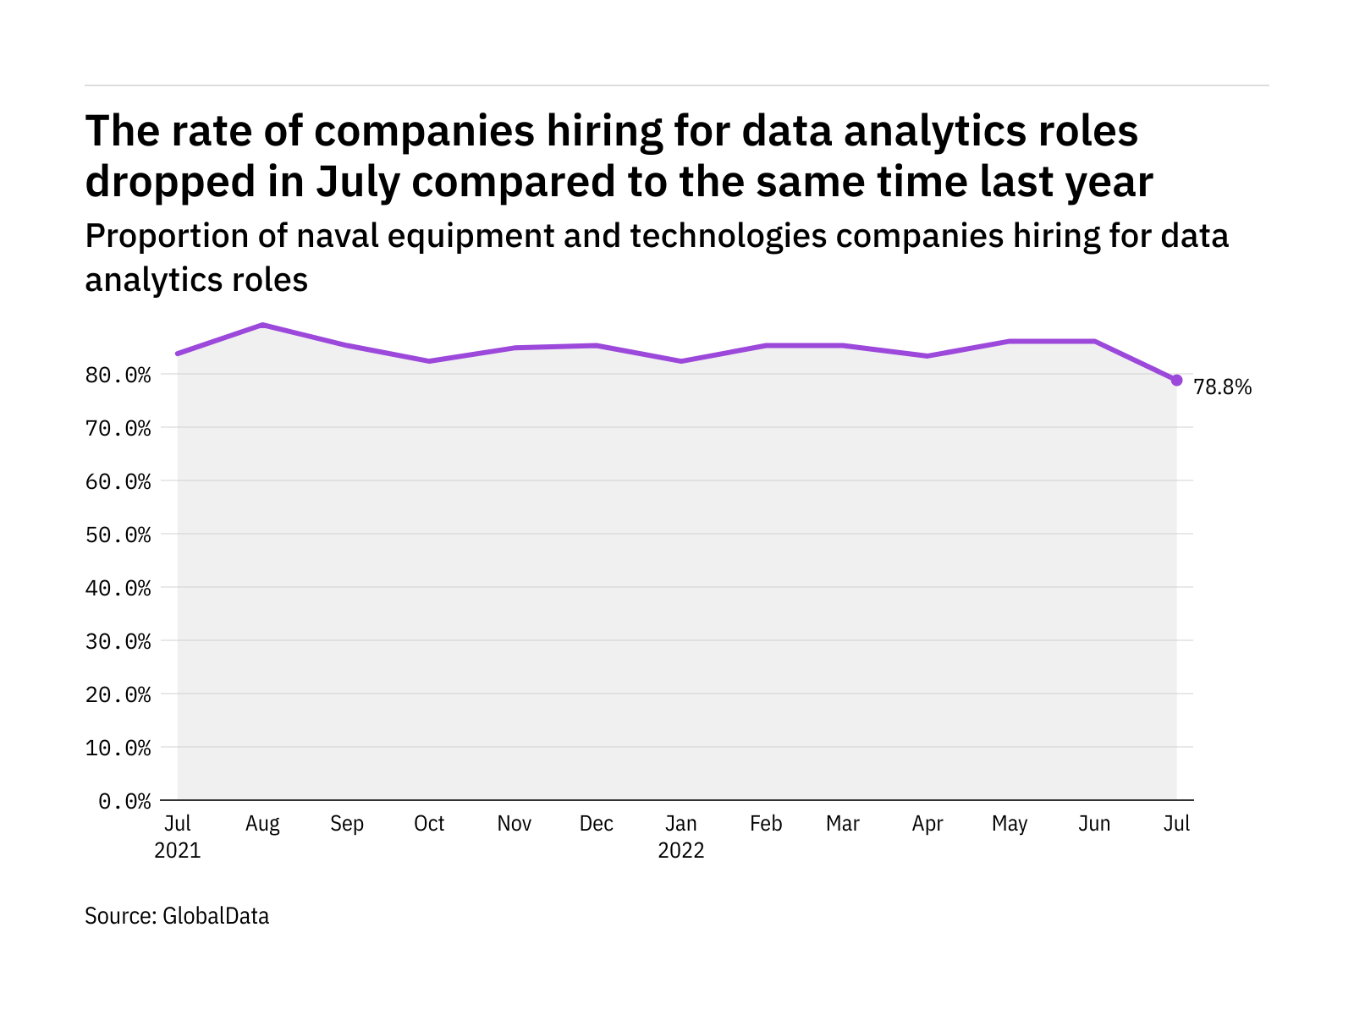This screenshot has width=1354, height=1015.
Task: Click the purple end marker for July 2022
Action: (1176, 381)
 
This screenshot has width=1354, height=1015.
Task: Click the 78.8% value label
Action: (1222, 387)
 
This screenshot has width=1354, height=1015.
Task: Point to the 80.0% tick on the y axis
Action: (118, 375)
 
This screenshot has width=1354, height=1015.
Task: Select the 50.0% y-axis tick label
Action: (118, 535)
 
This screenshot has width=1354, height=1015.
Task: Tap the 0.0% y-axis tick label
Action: (124, 801)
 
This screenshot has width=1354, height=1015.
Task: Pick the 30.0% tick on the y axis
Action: (118, 641)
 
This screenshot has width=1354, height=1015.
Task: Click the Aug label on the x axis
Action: (262, 824)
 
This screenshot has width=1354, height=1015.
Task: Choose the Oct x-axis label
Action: (429, 824)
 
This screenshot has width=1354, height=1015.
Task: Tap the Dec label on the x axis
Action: (597, 824)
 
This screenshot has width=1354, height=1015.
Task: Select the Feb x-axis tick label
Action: (766, 824)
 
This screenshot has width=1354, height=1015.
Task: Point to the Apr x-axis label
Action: (927, 824)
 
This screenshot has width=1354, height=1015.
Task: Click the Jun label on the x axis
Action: (1094, 824)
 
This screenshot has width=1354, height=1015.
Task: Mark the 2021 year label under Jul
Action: (178, 850)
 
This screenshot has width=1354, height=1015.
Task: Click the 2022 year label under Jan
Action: (681, 850)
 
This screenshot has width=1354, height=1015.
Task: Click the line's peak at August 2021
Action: (262, 325)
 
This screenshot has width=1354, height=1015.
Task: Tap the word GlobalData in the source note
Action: (216, 916)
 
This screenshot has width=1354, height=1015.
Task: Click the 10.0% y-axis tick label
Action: (118, 748)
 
